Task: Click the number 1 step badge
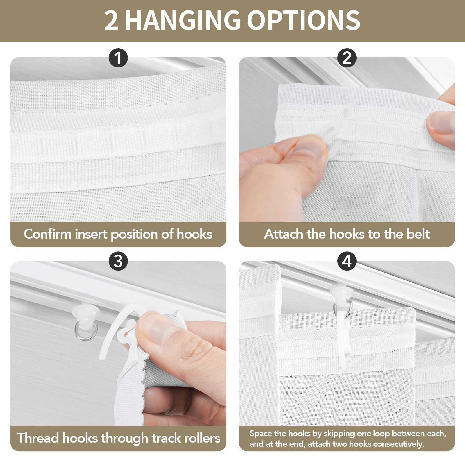118,58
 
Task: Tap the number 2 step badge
347,58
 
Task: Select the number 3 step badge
118,262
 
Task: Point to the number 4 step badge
347,262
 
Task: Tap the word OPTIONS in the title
304,20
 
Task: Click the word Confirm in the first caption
48,234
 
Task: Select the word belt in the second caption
418,234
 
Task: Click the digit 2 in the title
111,20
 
